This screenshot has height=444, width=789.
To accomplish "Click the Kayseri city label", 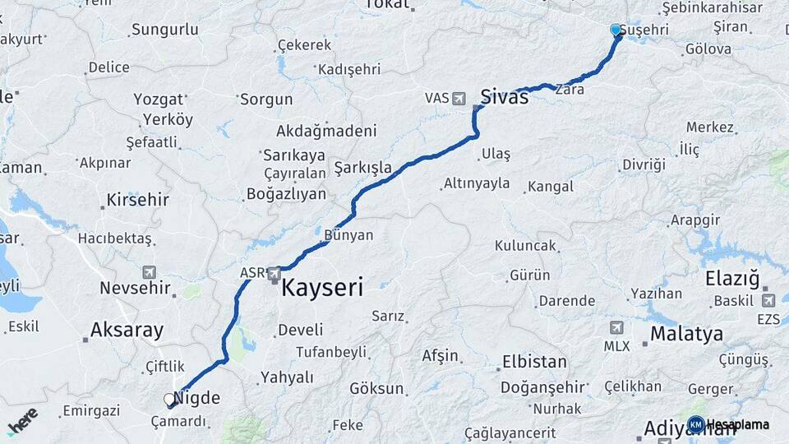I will click(x=322, y=288).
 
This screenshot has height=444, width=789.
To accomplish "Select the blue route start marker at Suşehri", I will click(x=616, y=30).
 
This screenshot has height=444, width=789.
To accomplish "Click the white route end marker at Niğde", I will click(x=169, y=400).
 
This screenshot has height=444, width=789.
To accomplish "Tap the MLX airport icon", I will click(x=616, y=327).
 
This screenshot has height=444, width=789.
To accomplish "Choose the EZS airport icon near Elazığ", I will click(x=768, y=300).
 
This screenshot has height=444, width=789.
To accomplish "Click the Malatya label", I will click(x=686, y=334).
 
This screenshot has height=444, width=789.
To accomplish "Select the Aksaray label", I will click(x=127, y=331).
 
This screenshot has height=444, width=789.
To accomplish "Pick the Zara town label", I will click(x=570, y=90).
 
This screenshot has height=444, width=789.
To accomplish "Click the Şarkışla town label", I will click(x=362, y=169).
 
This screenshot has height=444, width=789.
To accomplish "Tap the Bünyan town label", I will click(x=348, y=235).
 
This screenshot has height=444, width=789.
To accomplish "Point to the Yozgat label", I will click(x=158, y=99).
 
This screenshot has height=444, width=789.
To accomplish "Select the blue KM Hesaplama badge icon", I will click(x=695, y=424).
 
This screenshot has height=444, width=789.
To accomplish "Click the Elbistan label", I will click(x=534, y=362).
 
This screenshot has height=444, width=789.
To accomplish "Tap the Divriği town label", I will click(x=644, y=164).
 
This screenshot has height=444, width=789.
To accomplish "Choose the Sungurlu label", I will click(x=164, y=30).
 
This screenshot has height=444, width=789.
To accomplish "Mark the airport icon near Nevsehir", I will click(x=149, y=272).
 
